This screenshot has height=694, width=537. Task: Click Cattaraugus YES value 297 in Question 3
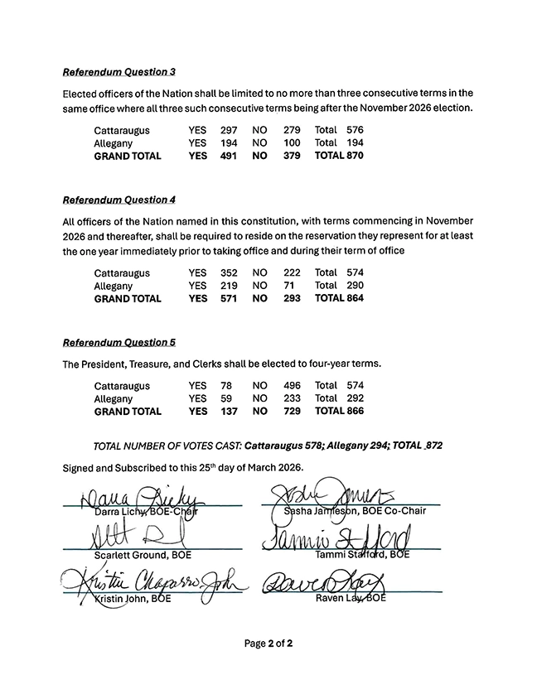click(x=229, y=130)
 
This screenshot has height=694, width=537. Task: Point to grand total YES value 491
click(x=229, y=156)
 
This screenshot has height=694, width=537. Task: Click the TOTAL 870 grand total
click(x=338, y=156)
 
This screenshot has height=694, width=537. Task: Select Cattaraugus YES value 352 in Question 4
click(x=229, y=272)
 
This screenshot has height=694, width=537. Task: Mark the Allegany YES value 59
click(x=225, y=398)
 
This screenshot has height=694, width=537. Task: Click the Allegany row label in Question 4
click(x=114, y=286)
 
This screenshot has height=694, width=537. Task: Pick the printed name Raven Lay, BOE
click(x=351, y=598)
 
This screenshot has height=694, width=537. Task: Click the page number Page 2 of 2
click(x=268, y=643)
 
